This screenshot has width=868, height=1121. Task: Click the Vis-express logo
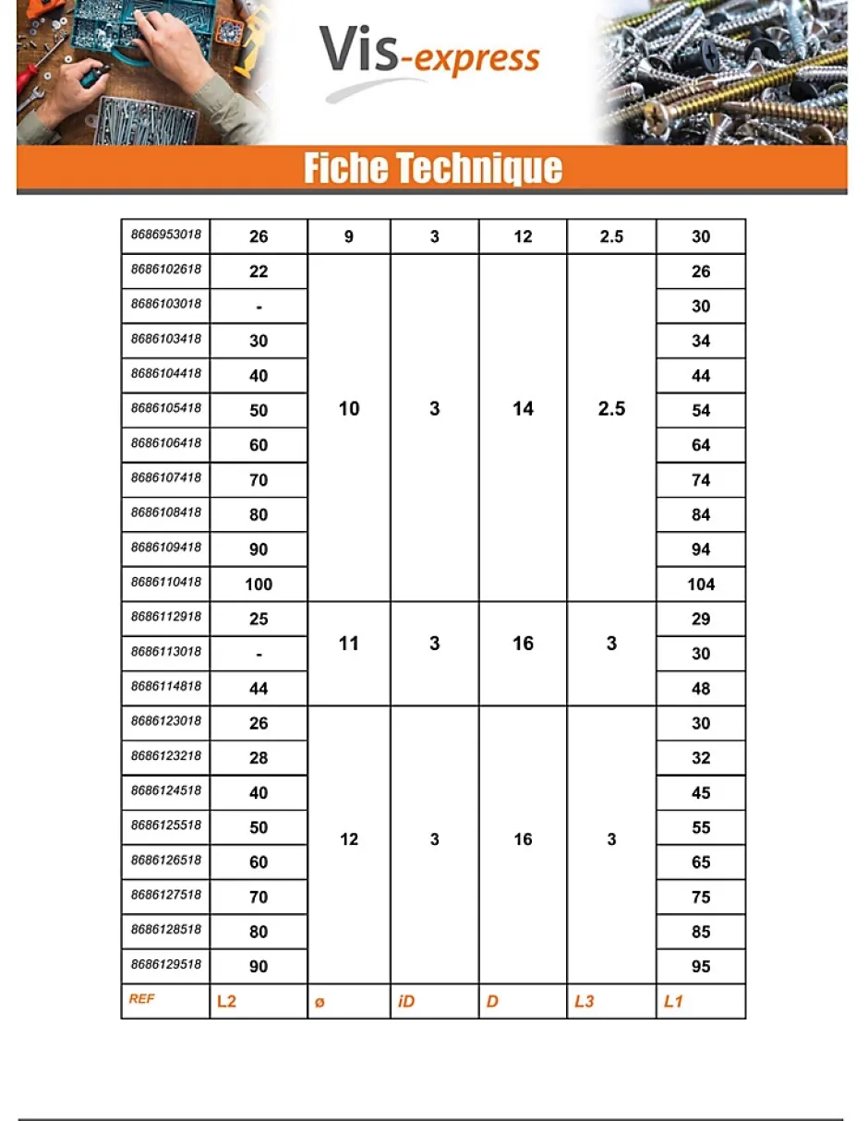(428, 59)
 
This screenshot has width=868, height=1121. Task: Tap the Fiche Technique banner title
(432, 169)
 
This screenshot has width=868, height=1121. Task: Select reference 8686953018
(166, 235)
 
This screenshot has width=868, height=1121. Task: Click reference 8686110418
(166, 583)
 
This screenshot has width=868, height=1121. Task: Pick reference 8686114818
(166, 687)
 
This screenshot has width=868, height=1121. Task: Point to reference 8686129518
(166, 965)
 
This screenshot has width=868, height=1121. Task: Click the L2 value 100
(259, 585)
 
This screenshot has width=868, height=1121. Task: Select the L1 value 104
(701, 585)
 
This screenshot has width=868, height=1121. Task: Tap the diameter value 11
(349, 643)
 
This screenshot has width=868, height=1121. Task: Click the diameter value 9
(349, 236)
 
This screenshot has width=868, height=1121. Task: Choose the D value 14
(523, 408)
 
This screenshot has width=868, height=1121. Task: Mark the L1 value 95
(701, 967)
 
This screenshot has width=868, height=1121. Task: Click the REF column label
(142, 999)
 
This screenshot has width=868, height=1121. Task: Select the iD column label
(406, 1001)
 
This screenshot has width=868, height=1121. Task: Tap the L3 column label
(584, 1001)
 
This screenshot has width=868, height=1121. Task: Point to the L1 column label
(673, 1001)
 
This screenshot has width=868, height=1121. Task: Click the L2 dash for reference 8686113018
(259, 654)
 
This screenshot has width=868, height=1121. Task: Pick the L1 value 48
(701, 689)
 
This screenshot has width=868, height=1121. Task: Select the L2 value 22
(259, 271)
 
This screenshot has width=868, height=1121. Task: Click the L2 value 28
(259, 758)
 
